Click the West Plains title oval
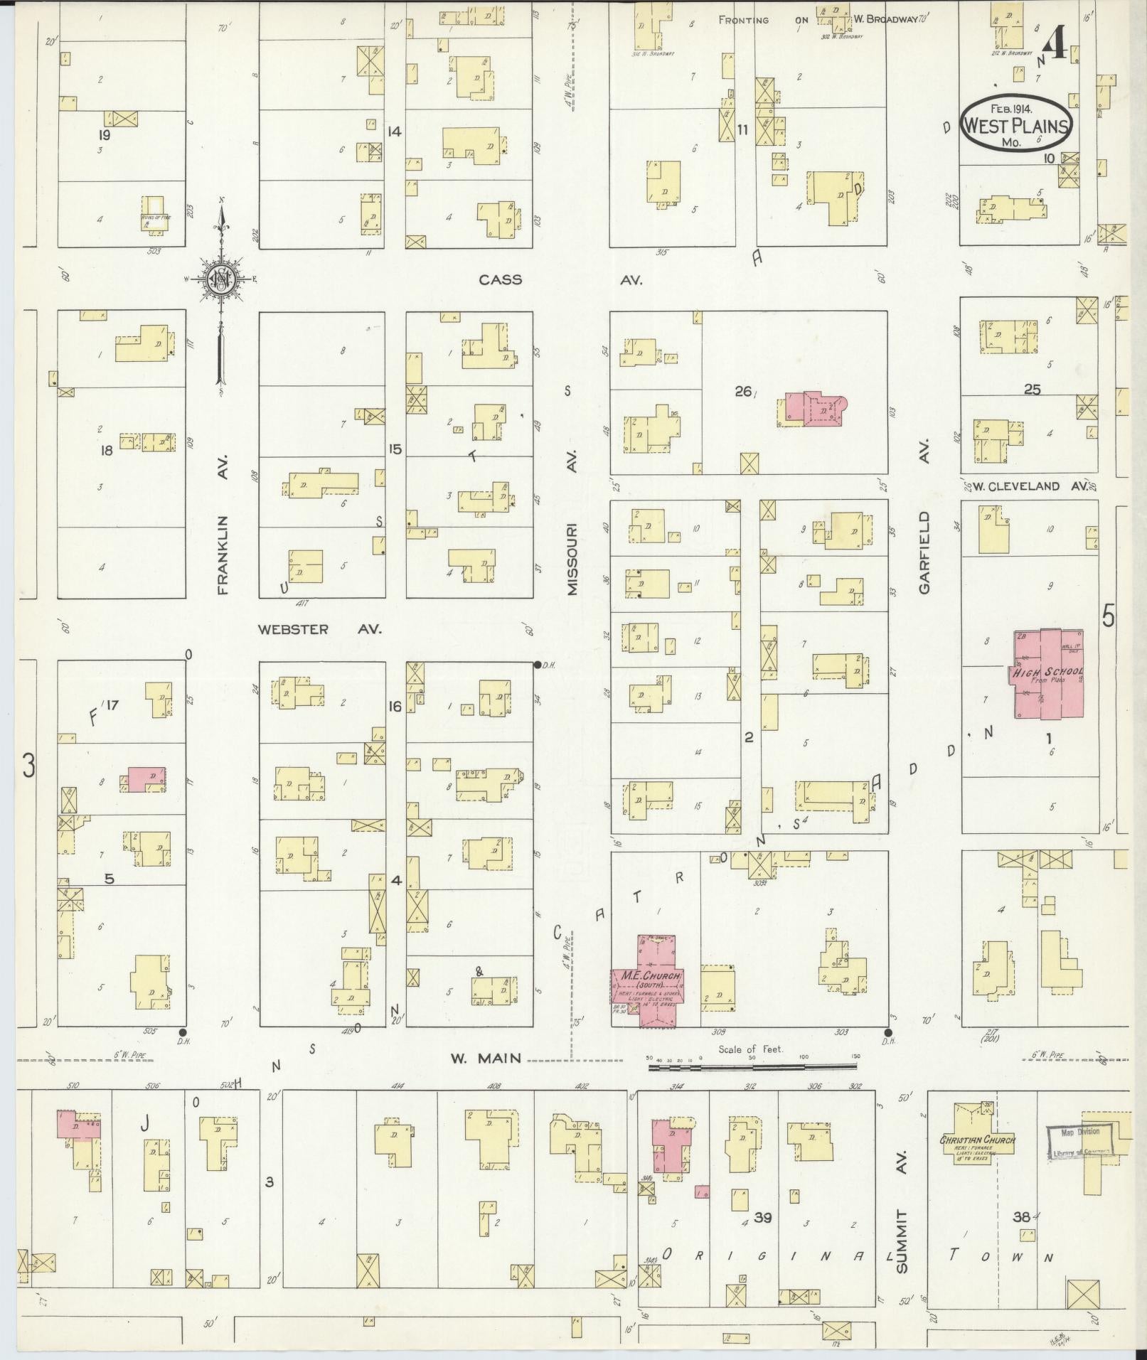[x=1015, y=125]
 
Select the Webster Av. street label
[x=319, y=629]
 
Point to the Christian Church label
[x=978, y=1140]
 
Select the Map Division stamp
[x=1080, y=1141]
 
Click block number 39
[x=763, y=1218]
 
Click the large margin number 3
[x=28, y=766]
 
